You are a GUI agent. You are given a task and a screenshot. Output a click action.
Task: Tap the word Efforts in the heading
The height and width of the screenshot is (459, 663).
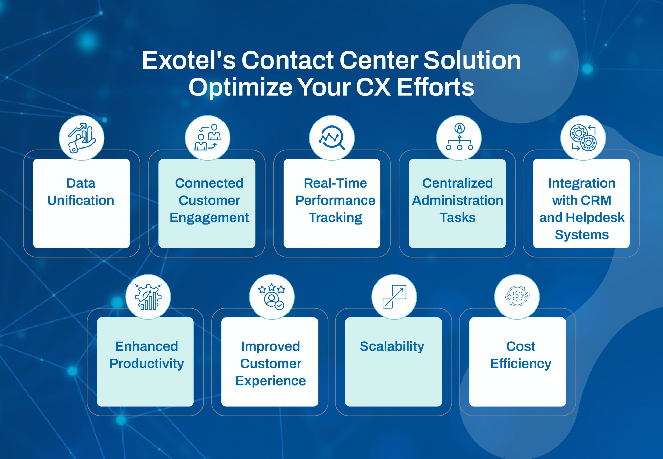click(435, 87)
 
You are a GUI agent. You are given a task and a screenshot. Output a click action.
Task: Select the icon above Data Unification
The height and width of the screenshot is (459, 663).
click(82, 138)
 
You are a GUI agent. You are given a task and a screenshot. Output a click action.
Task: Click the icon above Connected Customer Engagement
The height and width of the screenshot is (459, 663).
click(207, 137)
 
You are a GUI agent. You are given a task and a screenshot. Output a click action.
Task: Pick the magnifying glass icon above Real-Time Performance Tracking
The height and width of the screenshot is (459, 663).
click(332, 138)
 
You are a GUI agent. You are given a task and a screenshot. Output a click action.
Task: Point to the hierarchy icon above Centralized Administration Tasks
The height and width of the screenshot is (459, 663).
click(459, 137)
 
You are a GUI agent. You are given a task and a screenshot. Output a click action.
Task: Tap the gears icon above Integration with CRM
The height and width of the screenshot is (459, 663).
click(583, 138)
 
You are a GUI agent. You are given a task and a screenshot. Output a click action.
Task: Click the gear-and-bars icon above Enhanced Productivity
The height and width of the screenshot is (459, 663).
click(148, 297)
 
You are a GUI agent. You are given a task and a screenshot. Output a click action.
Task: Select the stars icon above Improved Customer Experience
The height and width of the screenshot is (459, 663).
click(272, 297)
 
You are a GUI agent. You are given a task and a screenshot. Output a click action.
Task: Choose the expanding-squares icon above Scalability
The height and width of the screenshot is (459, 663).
click(394, 297)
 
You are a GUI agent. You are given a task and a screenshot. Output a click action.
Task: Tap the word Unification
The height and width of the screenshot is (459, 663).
click(81, 201)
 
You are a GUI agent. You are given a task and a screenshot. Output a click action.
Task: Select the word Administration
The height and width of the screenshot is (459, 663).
click(457, 201)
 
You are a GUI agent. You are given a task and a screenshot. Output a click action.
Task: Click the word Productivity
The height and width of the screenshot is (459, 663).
click(147, 364)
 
